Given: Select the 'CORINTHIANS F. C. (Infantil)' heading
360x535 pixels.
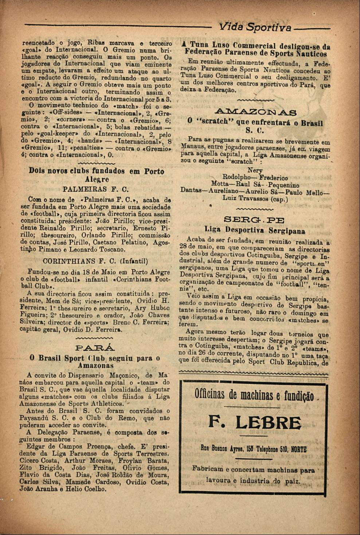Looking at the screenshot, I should (x=95, y=261).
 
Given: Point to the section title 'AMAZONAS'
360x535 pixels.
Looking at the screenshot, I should (x=255, y=112).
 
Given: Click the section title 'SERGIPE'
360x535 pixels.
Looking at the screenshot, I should (x=255, y=220).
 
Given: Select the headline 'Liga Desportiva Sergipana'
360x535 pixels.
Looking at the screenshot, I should (x=255, y=231).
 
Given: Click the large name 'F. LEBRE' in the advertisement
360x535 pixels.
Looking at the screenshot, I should (x=255, y=423).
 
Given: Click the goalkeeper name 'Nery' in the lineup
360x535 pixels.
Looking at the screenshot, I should (x=255, y=170).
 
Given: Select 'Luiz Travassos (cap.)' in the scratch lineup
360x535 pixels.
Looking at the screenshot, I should (x=255, y=199).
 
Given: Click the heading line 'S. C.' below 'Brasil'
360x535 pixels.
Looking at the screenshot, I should (x=255, y=130).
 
